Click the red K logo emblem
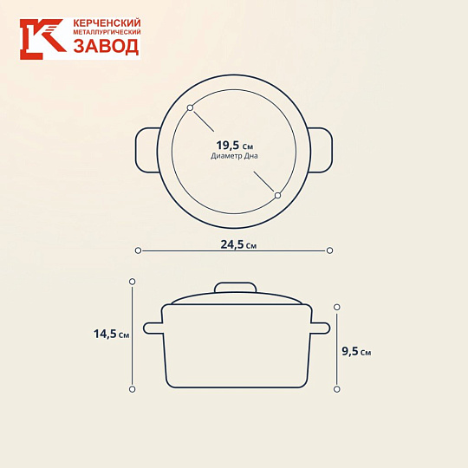pyautogui.click(x=43, y=39)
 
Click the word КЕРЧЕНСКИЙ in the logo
pyautogui.click(x=107, y=23)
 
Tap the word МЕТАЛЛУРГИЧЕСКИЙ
pyautogui.click(x=107, y=32)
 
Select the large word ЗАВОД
pyautogui.click(x=107, y=47)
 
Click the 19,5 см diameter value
pyautogui.click(x=235, y=146)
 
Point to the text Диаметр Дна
pyautogui.click(x=234, y=156)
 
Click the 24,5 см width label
pyautogui.click(x=238, y=244)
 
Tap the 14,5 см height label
pyautogui.click(x=111, y=334)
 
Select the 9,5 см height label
pyautogui.click(x=356, y=351)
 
